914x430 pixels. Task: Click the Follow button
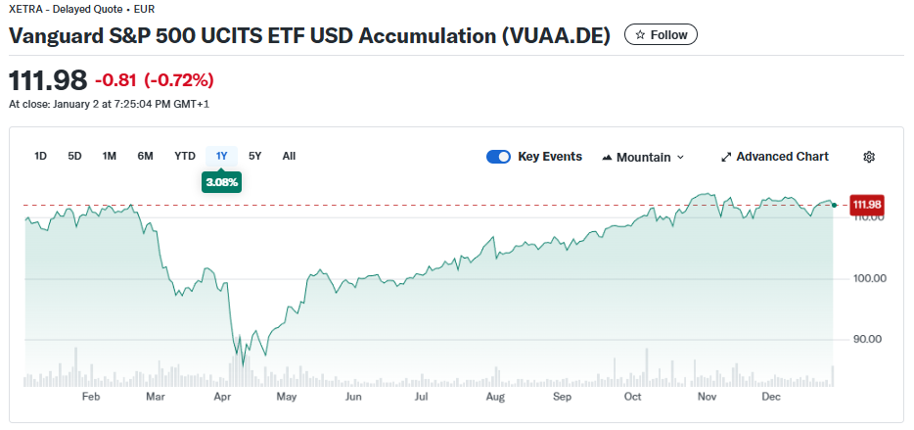pos(661,34)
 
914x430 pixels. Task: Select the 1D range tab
pos(41,156)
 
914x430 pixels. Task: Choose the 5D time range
pos(74,156)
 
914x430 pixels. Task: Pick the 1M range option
pos(110,156)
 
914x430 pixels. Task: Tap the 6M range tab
pos(145,156)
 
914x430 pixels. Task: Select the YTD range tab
pos(185,156)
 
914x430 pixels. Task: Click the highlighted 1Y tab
pos(221,156)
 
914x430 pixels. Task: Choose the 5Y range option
pos(255,156)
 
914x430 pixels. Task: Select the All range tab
pos(289,156)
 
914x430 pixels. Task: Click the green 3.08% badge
pos(221,182)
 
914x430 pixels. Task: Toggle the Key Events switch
pos(499,157)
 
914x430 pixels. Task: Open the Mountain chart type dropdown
pos(643,157)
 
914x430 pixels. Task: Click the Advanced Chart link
pos(774,157)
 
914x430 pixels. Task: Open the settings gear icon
pos(869,157)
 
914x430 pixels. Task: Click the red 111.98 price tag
pos(867,205)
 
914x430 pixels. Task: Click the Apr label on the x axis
pos(222,397)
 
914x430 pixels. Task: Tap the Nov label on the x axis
pos(707,397)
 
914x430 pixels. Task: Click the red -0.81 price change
pos(115,79)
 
